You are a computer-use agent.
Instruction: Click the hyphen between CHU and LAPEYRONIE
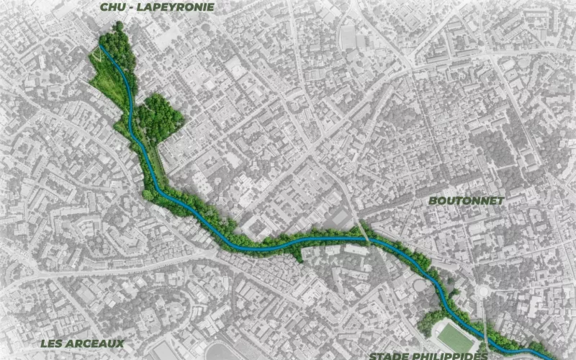pos(135,7)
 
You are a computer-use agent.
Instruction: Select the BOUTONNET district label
pos(466,201)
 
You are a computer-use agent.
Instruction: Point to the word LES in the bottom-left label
pos(54,343)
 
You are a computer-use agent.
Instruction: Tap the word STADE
pos(390,356)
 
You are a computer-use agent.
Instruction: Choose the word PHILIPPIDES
pos(451,356)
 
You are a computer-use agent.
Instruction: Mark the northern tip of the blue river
pos(101,47)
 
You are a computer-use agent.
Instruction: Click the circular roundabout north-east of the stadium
pos(484,292)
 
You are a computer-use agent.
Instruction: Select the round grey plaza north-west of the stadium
pos(420,286)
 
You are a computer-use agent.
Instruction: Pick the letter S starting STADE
pos(374,356)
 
